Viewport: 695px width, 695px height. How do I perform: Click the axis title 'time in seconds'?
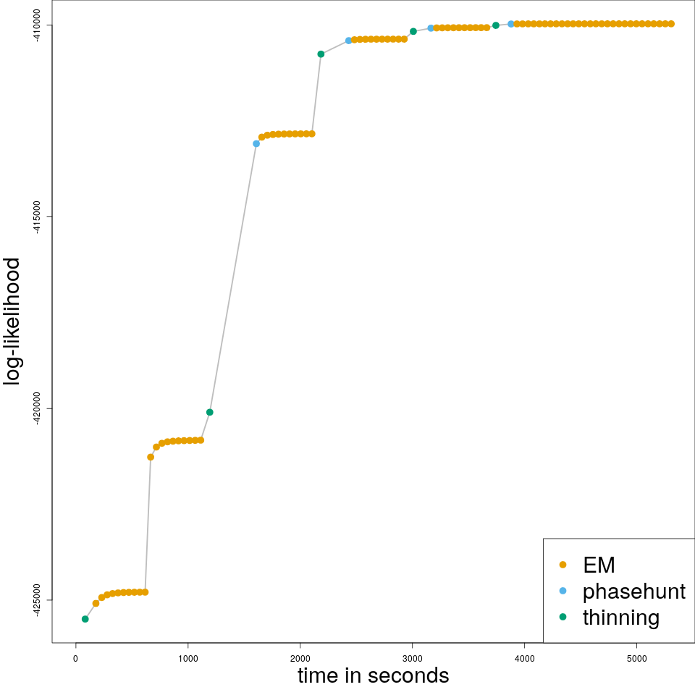373,675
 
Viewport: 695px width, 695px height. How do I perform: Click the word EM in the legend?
599,565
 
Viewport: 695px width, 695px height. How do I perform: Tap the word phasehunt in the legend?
633,591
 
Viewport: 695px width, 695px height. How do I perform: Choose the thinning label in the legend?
620,618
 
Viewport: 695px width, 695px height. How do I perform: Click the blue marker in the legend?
563,591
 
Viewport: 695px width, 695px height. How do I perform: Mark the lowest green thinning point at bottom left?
85,619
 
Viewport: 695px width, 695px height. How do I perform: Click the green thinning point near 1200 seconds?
210,413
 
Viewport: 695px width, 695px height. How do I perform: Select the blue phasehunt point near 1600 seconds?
256,143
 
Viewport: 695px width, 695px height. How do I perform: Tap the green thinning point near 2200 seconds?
321,54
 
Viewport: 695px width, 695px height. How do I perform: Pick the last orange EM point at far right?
671,24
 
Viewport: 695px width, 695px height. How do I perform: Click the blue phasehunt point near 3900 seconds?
511,24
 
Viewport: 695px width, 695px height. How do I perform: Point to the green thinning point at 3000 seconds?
413,31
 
